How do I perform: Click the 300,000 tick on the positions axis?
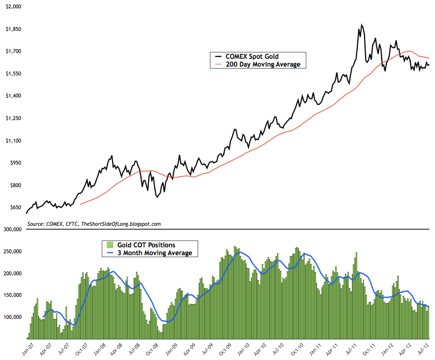[x=11, y=229]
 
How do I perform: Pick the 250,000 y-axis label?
[x=11, y=251]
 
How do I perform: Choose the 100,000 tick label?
[x=11, y=317]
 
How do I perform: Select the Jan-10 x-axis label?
[x=243, y=347]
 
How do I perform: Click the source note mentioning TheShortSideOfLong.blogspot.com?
[x=94, y=223]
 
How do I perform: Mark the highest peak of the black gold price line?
[x=361, y=24]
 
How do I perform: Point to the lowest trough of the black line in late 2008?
[x=157, y=197]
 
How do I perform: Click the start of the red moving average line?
[x=80, y=204]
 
